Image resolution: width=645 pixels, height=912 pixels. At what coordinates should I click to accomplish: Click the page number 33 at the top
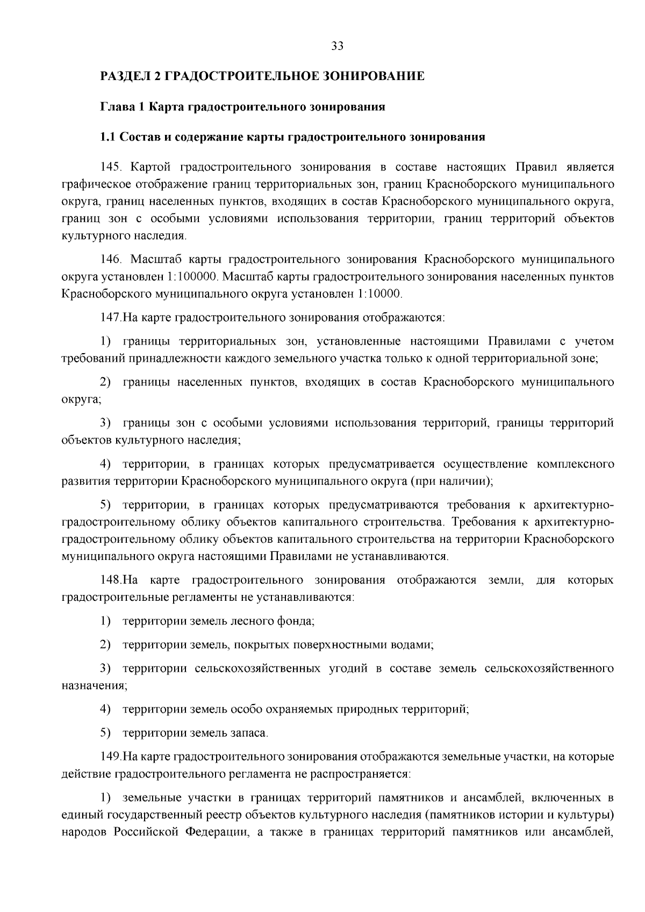[338, 46]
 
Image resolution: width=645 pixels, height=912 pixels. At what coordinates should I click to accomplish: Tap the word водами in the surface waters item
[412, 644]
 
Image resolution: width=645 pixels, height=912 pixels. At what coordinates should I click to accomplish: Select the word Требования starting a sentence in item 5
[480, 522]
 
